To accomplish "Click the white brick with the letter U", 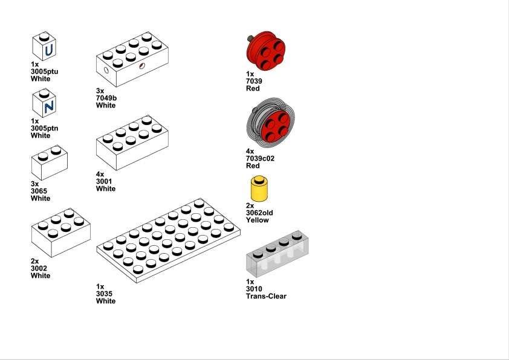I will coord(44,47).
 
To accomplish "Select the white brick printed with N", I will coord(44,104).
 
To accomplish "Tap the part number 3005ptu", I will coord(44,71).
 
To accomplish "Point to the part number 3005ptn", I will coord(44,128).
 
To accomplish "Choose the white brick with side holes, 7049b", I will coord(132,60).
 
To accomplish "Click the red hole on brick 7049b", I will coord(141,65).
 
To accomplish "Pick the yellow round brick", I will coord(260,189).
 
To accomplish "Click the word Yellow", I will coord(258,220).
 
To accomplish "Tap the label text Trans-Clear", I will coord(266,297).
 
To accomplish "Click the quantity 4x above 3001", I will coord(100,174).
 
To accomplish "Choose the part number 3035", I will coord(105,294).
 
